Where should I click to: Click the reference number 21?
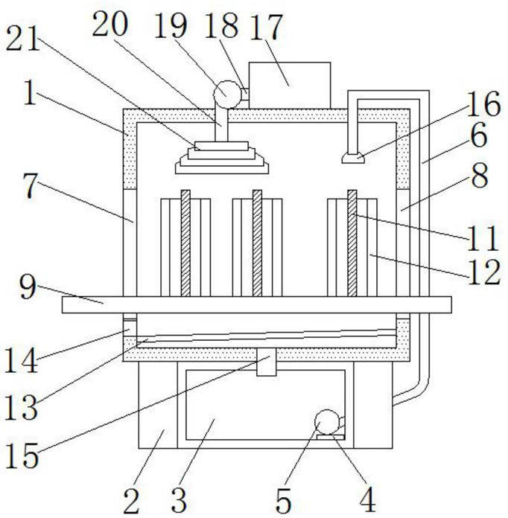coord(23,39)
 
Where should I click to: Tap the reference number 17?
coord(267,28)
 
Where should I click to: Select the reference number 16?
coord(483,103)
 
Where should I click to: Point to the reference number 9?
coord(28,287)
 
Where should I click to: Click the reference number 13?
coord(21,408)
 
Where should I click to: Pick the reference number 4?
coord(367,499)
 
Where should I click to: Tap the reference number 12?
coord(484,272)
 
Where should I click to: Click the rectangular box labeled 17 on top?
coord(290,86)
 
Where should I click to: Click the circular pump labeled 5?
coord(328,422)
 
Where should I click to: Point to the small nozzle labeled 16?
coord(353,159)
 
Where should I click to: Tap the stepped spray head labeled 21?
coord(221,158)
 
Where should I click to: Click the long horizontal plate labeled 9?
coord(257,304)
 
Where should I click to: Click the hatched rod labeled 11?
coord(352,243)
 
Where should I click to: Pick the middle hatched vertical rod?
coord(257,243)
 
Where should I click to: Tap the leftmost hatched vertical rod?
coord(185,243)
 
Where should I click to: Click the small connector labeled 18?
coord(245,95)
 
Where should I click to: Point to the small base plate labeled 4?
coord(331,438)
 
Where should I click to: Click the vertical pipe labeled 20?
coord(221,125)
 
